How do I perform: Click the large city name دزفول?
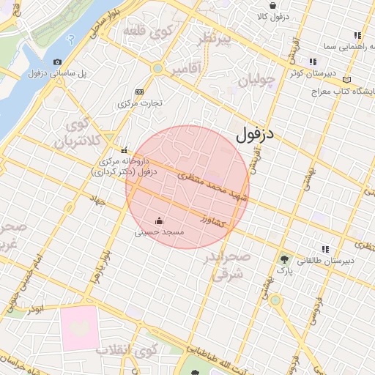point(255,135)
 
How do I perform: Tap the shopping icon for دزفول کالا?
point(273,5)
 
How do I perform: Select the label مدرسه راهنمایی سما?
point(328,46)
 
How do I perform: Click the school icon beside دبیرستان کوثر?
point(313,62)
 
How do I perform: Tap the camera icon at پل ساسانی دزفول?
point(58,62)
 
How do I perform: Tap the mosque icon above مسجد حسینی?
point(159,220)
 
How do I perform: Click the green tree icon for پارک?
point(284,259)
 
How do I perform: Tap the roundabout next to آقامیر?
point(157,69)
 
